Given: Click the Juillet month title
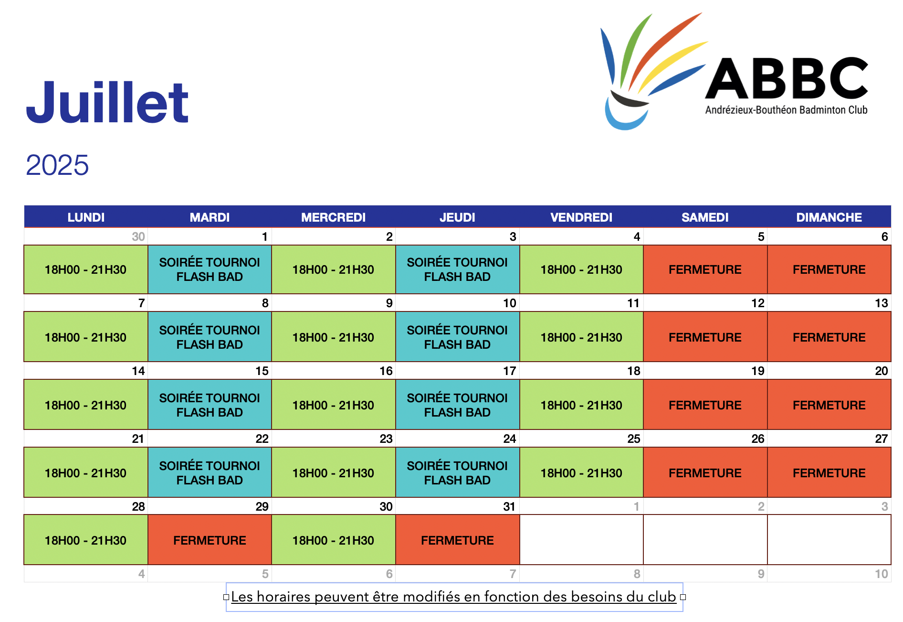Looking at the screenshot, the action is point(107,102).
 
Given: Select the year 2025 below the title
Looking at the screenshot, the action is point(57,165).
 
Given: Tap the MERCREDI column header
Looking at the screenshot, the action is point(333,217).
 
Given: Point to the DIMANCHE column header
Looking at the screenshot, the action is point(829,217).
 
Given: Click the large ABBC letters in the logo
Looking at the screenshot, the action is point(787,78).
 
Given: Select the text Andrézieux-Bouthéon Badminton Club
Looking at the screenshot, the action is point(787,110).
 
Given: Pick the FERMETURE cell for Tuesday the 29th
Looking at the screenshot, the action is point(210,540).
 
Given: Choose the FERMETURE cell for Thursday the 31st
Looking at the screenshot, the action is point(457,540).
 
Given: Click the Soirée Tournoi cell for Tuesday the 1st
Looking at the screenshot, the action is point(210,269).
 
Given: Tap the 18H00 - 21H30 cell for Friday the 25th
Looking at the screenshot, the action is point(581,472).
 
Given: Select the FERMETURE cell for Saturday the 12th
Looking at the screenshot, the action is point(705,337).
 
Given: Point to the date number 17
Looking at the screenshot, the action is point(509,371).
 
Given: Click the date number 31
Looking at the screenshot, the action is point(509,506).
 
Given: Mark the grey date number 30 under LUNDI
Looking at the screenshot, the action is point(138,236).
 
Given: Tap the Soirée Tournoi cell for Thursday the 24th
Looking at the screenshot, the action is point(457,472).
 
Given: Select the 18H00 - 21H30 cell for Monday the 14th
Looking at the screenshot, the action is point(85,405).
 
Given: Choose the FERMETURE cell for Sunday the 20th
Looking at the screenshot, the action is point(829,405).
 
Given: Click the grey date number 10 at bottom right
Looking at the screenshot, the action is point(881,574).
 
